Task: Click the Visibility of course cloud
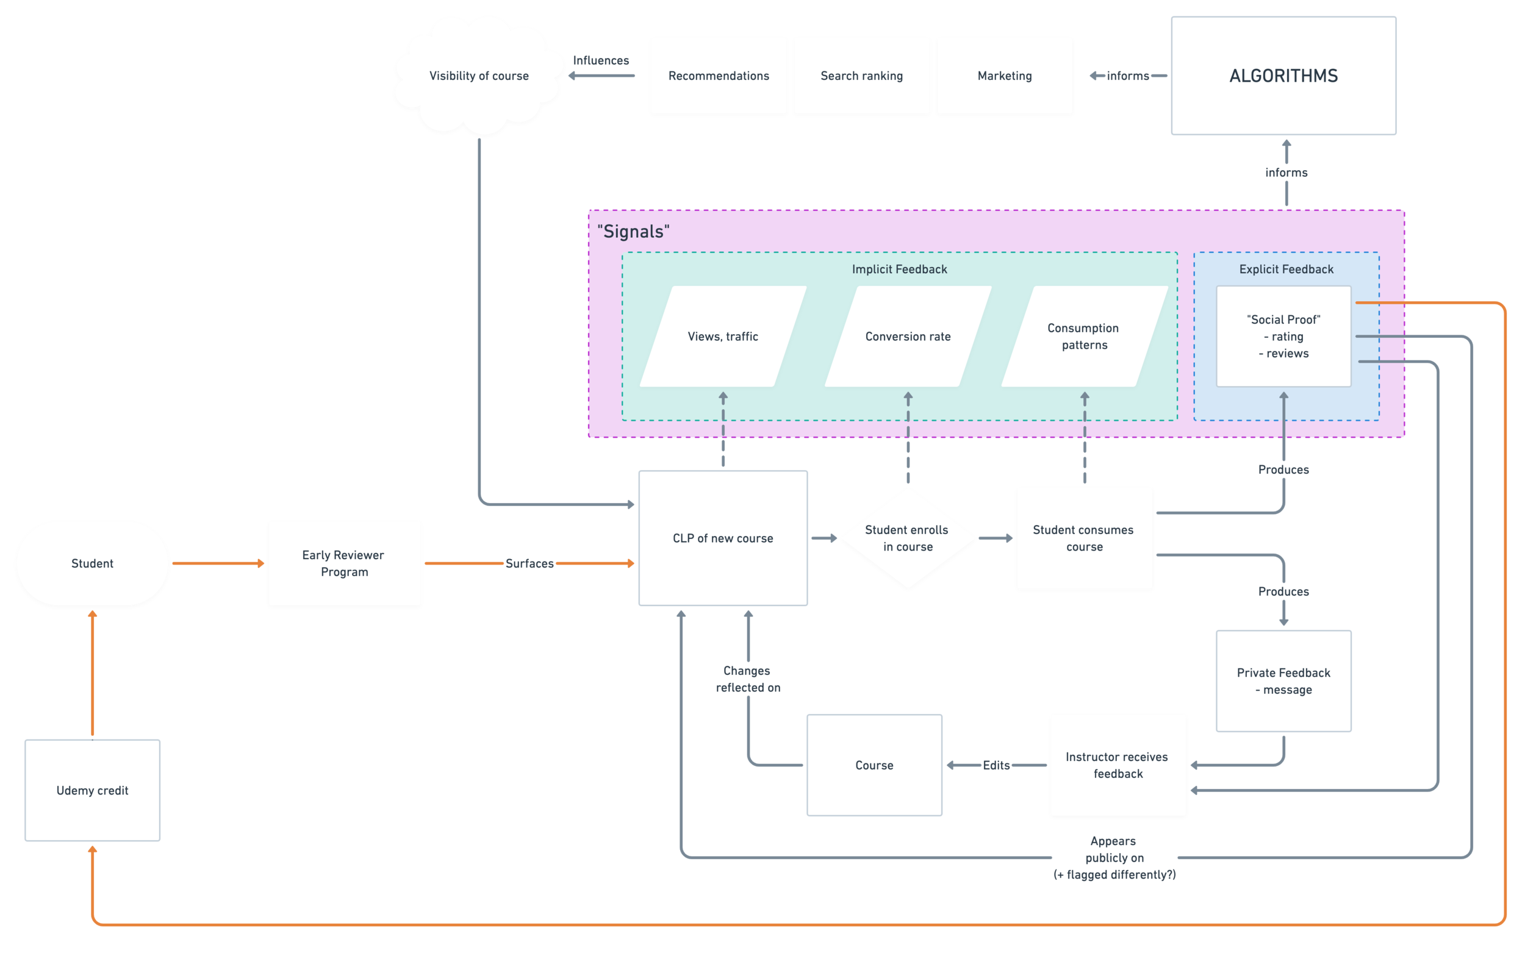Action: pyautogui.click(x=478, y=76)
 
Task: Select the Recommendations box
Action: pyautogui.click(x=719, y=76)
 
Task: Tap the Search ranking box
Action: pyautogui.click(x=861, y=76)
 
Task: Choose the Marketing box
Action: pyautogui.click(x=1004, y=76)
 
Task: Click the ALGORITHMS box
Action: pyautogui.click(x=1283, y=76)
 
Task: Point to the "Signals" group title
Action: pyautogui.click(x=633, y=231)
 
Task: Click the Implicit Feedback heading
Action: pyautogui.click(x=899, y=269)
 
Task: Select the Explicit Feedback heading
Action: pyautogui.click(x=1286, y=269)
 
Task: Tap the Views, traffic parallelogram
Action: pyautogui.click(x=722, y=337)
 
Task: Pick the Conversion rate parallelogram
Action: pyautogui.click(x=908, y=337)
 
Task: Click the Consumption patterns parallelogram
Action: pyautogui.click(x=1084, y=337)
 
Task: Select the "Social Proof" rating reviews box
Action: pyautogui.click(x=1283, y=337)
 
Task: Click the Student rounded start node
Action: pyautogui.click(x=92, y=563)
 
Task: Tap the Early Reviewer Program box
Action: pyautogui.click(x=344, y=563)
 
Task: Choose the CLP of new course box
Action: pyautogui.click(x=722, y=538)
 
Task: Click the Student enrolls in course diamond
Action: pyautogui.click(x=908, y=538)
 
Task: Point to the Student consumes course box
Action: pyautogui.click(x=1085, y=538)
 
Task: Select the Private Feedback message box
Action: pyautogui.click(x=1283, y=680)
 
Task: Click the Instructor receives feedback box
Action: pyautogui.click(x=1117, y=765)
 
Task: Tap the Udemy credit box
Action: pyautogui.click(x=92, y=790)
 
